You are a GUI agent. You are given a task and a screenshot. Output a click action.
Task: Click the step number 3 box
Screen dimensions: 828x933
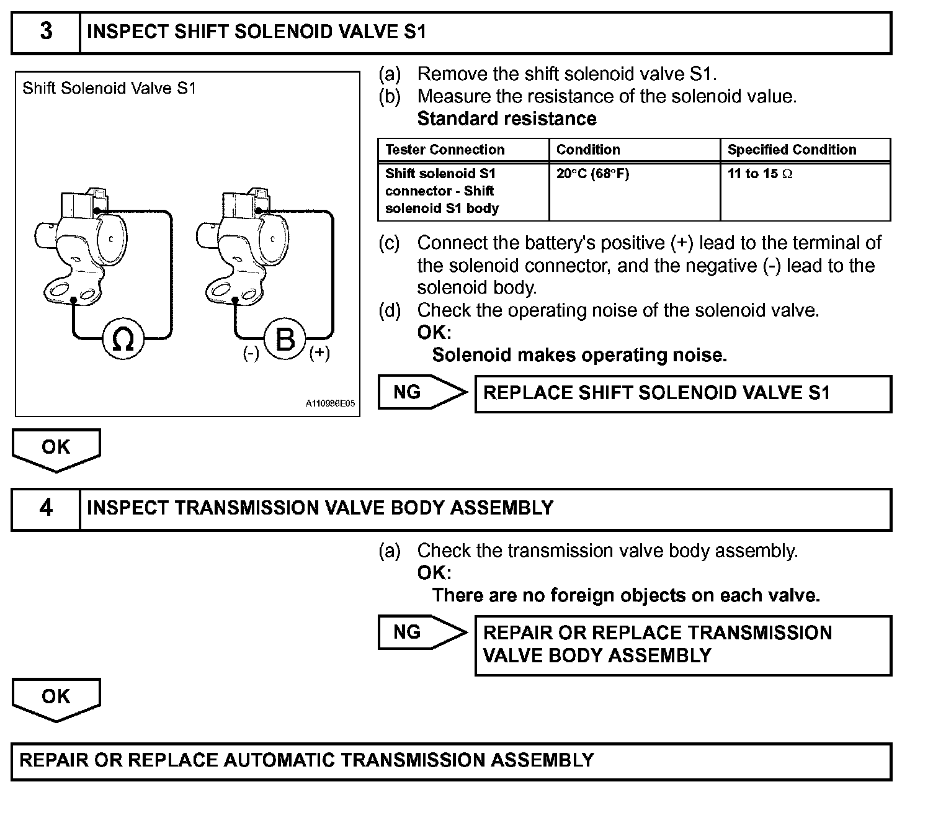pyautogui.click(x=46, y=32)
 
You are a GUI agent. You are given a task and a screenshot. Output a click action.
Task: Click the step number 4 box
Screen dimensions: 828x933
pyautogui.click(x=46, y=508)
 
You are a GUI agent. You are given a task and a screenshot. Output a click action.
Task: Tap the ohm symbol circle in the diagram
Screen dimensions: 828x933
pyautogui.click(x=123, y=339)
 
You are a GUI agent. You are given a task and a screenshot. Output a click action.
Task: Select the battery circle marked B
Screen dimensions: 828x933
pyautogui.click(x=285, y=339)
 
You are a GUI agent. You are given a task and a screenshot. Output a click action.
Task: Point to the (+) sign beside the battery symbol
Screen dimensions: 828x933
pyautogui.click(x=319, y=353)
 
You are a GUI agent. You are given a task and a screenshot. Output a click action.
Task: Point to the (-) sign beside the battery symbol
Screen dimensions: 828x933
pyautogui.click(x=251, y=353)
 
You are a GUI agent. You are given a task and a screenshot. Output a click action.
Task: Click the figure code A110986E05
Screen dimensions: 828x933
pyautogui.click(x=330, y=403)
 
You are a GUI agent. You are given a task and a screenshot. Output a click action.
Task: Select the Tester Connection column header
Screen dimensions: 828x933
pyautogui.click(x=445, y=150)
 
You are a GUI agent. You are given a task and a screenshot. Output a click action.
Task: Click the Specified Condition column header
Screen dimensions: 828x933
pyautogui.click(x=792, y=150)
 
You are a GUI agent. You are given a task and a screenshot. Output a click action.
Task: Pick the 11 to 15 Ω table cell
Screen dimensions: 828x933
pyautogui.click(x=760, y=174)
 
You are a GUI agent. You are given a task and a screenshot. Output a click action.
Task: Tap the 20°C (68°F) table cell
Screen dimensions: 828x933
pyautogui.click(x=592, y=174)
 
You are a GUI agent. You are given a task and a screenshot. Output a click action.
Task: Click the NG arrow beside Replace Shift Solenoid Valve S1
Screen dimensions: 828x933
pyautogui.click(x=422, y=392)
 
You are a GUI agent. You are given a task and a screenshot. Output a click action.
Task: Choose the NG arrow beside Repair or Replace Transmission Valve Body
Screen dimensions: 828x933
pyautogui.click(x=422, y=632)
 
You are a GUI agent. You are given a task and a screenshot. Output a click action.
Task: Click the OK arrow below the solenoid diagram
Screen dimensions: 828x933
pyautogui.click(x=56, y=448)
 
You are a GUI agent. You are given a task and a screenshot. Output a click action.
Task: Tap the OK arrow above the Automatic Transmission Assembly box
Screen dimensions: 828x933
pyautogui.click(x=56, y=698)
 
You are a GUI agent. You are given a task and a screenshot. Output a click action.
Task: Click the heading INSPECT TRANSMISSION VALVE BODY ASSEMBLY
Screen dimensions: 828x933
pyautogui.click(x=320, y=508)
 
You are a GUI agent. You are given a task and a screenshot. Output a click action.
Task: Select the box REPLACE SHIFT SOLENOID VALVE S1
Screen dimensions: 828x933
pyautogui.click(x=682, y=394)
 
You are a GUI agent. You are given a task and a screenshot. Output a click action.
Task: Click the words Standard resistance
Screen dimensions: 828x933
pyautogui.click(x=507, y=119)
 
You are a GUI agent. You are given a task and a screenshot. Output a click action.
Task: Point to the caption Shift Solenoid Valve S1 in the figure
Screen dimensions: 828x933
pyautogui.click(x=109, y=88)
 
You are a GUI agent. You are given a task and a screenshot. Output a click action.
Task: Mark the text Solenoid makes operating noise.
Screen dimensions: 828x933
pyautogui.click(x=579, y=355)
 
